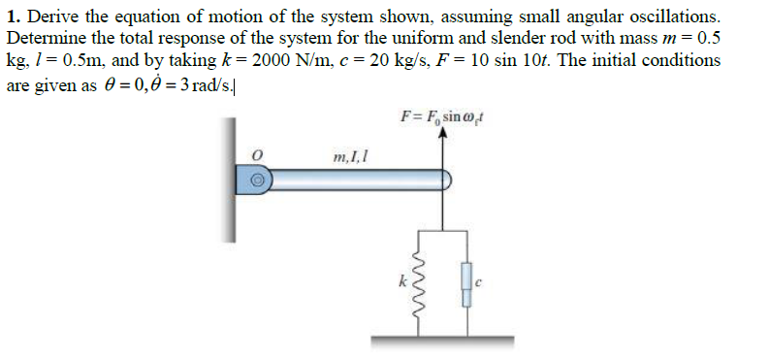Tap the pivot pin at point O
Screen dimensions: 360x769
[x=257, y=180]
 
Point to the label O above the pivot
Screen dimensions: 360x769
[x=257, y=153]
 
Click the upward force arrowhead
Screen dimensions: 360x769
[x=444, y=137]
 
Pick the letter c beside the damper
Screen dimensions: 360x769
[x=480, y=282]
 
